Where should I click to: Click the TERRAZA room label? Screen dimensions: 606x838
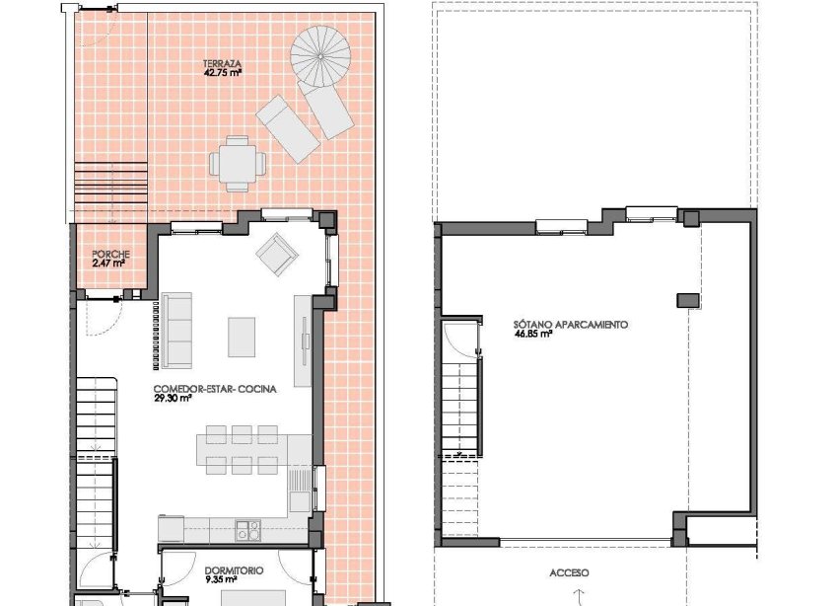223,63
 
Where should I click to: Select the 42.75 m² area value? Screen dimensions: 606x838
223,73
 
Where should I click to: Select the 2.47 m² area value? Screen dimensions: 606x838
108,264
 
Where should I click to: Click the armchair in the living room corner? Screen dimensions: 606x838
277,255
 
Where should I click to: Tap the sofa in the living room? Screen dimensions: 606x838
178,330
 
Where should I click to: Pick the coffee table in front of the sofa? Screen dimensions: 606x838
243,336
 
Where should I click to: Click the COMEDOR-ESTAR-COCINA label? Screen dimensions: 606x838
215,389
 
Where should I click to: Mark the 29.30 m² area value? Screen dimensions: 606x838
174,400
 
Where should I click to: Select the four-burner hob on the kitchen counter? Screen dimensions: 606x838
247,530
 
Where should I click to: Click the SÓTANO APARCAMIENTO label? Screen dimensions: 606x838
570,324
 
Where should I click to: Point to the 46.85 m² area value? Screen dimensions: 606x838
532,335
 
